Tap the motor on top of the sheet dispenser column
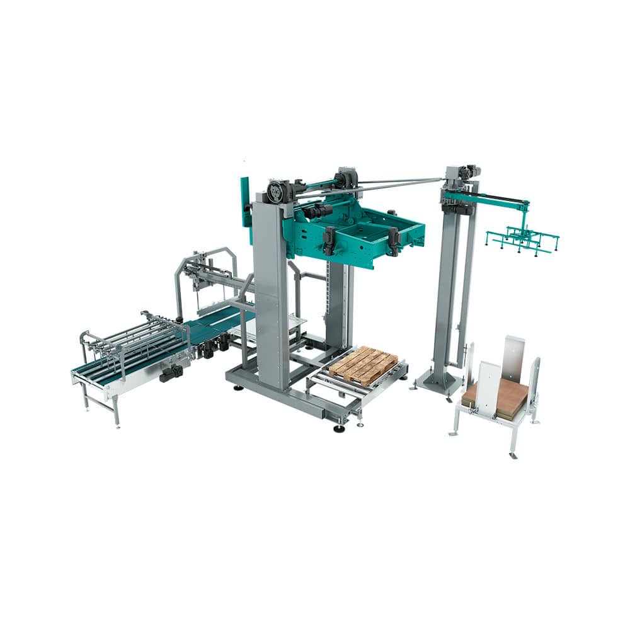463,172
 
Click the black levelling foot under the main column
339,429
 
